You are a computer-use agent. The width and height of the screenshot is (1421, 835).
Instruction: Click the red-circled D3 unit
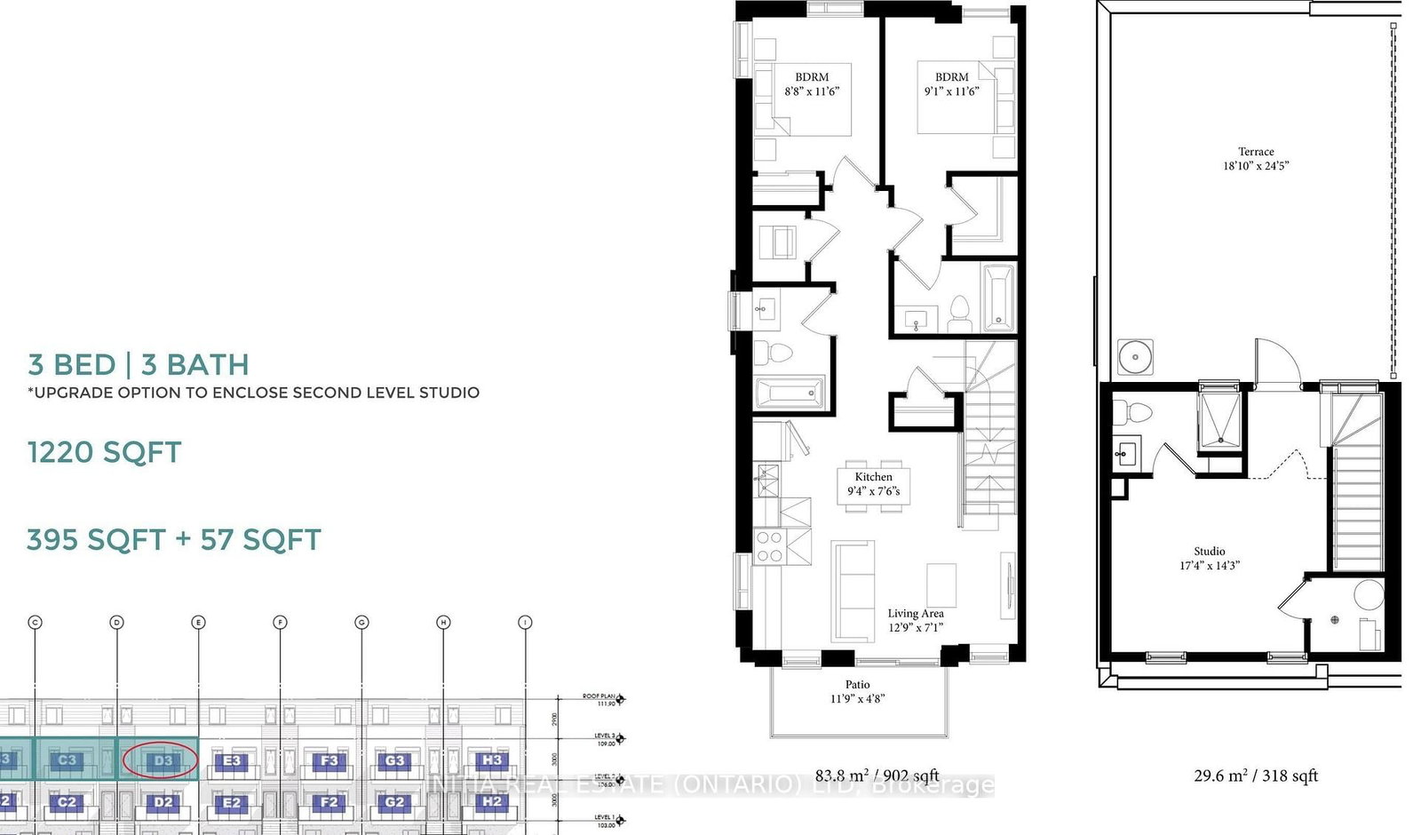[161, 760]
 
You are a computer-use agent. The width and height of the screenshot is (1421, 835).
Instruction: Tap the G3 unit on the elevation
[394, 760]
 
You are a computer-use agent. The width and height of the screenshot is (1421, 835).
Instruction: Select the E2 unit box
[231, 802]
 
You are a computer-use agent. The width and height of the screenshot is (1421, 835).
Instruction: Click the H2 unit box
[491, 801]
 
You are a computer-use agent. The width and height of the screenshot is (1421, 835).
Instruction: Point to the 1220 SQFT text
[104, 452]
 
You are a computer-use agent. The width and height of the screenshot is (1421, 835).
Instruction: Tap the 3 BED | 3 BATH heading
[138, 364]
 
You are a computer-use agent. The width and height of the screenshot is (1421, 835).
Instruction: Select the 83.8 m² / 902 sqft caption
[877, 775]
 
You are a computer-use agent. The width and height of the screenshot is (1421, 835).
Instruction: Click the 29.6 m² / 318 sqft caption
[1255, 775]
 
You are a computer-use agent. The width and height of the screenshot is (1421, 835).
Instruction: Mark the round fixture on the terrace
[1134, 357]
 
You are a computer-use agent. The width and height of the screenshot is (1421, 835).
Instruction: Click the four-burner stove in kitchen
[769, 547]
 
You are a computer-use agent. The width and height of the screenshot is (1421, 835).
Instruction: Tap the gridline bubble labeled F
[280, 623]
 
